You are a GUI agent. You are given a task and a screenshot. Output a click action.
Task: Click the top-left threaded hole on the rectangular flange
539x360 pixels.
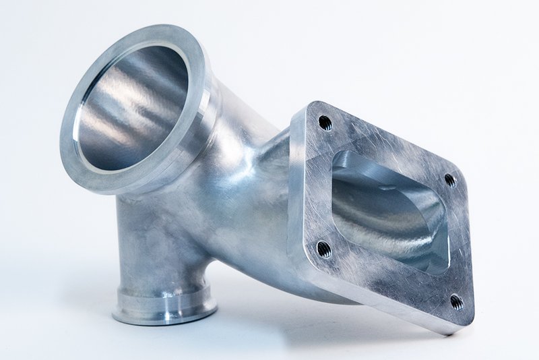tap(325, 123)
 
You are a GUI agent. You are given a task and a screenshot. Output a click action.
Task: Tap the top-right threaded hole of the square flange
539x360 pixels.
tap(450, 180)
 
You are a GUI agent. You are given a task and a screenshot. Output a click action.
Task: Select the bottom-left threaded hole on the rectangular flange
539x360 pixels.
tap(323, 248)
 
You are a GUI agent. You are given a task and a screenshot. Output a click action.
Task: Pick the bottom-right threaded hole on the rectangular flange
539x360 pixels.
tap(455, 301)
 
